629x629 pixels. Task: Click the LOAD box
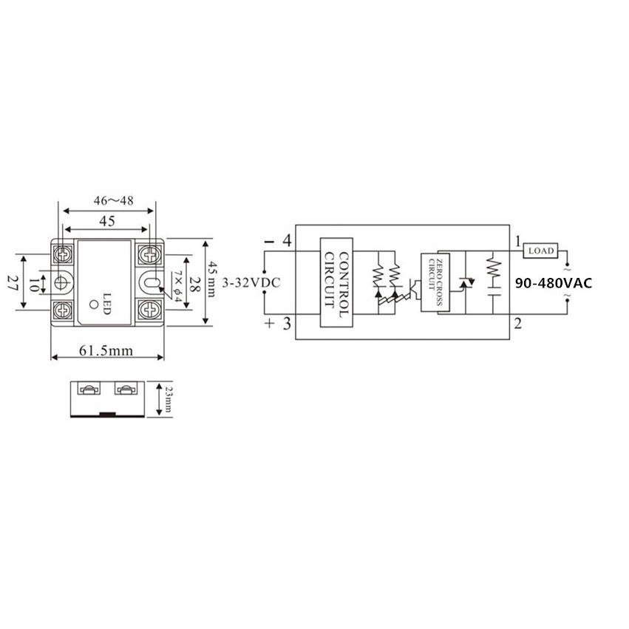[540, 251]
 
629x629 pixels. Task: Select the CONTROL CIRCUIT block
[336, 282]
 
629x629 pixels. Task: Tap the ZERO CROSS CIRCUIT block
[435, 282]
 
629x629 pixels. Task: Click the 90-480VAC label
[553, 283]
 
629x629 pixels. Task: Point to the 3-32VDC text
[251, 283]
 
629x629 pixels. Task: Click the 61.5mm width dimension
[106, 351]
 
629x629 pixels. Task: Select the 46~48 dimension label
[113, 200]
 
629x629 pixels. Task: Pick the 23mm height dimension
[167, 399]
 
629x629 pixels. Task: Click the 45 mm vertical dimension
[212, 279]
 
